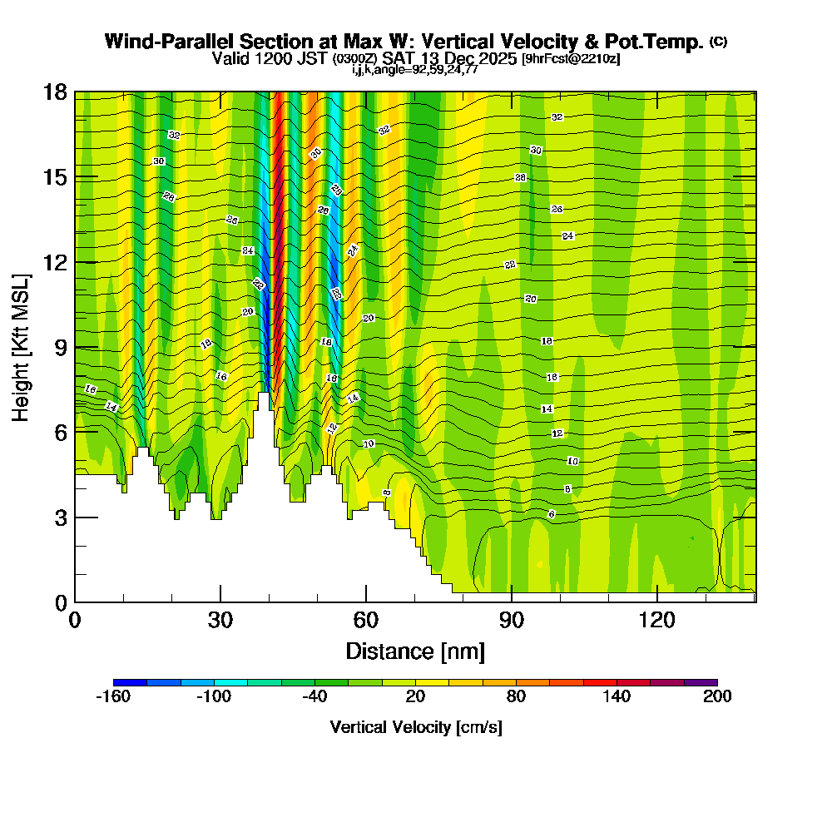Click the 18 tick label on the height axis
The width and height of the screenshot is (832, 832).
(54, 92)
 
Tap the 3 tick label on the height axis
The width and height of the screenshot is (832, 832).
(60, 517)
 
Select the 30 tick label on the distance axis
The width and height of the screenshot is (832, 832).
(220, 621)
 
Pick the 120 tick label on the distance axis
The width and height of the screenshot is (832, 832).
(656, 621)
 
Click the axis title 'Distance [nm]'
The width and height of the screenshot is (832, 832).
(415, 651)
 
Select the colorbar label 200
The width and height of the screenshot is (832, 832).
(716, 697)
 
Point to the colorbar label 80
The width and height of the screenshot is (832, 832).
(516, 697)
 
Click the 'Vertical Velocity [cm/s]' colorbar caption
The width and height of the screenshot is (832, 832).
(415, 727)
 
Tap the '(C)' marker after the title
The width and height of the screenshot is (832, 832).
(718, 42)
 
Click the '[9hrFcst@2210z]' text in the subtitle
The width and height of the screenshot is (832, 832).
(571, 59)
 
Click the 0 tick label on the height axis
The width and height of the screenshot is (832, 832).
(60, 602)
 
